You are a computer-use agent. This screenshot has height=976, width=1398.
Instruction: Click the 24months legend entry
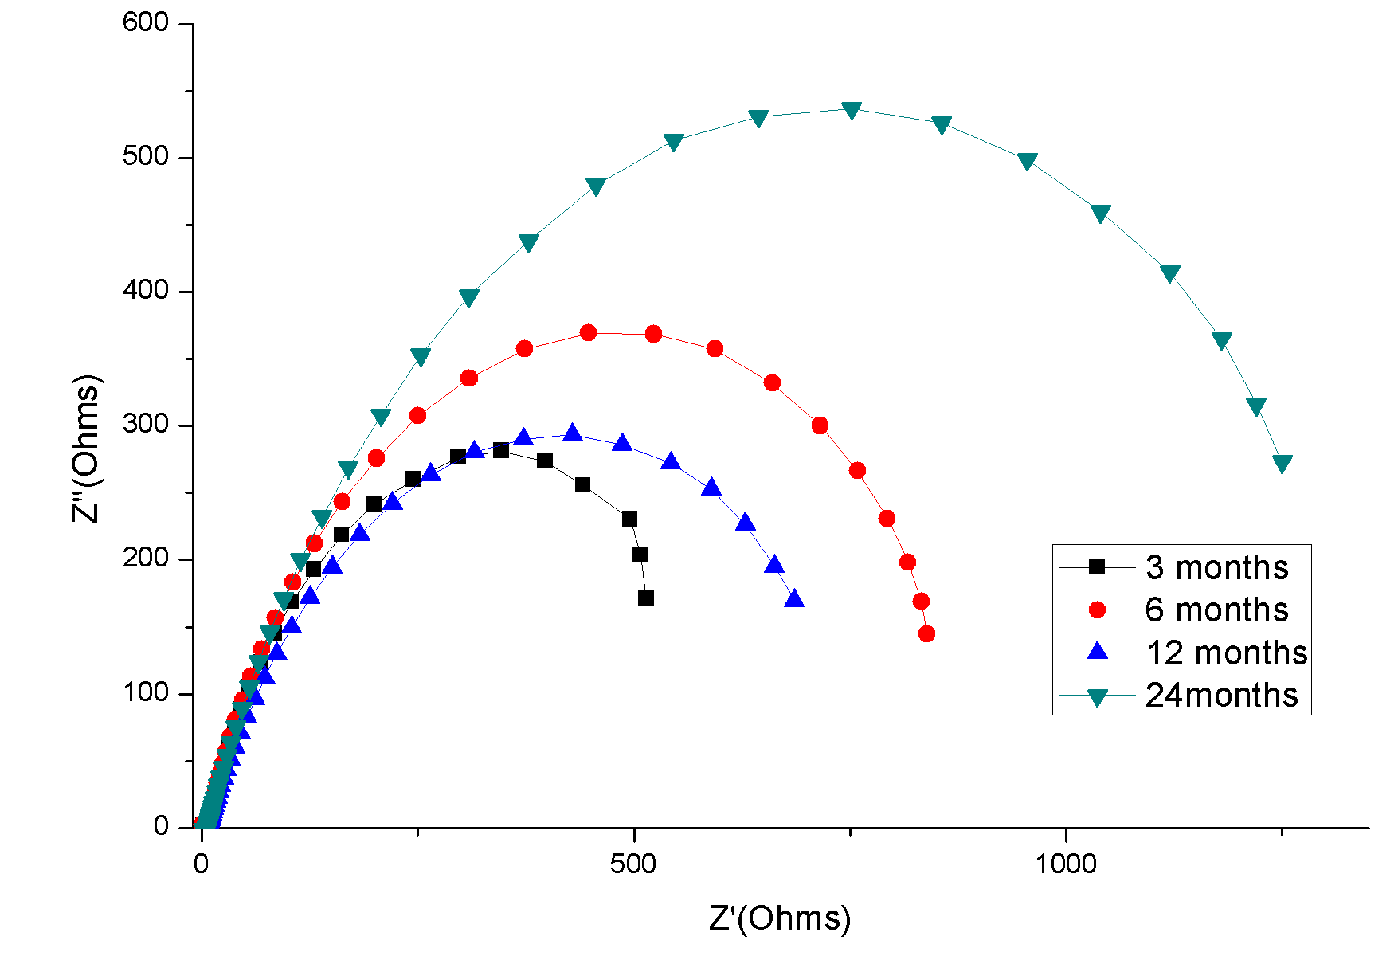1221,696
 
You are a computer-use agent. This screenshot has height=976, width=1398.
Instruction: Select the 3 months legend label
1216,568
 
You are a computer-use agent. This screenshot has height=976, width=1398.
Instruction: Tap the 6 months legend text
1216,610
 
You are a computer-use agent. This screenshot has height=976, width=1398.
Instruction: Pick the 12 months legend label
1226,653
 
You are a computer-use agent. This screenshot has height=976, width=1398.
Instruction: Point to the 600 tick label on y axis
146,23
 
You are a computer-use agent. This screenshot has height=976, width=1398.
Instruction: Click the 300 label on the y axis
146,425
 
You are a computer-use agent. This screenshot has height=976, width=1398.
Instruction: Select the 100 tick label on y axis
146,692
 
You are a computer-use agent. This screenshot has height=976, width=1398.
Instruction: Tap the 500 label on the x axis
633,864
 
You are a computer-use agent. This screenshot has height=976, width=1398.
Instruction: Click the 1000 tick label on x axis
1065,864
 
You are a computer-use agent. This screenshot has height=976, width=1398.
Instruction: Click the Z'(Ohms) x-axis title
780,919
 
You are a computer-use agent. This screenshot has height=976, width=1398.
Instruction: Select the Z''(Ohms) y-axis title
87,448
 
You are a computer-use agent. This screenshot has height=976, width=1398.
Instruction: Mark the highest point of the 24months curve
852,110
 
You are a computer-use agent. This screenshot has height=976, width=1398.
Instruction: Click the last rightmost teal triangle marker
1282,464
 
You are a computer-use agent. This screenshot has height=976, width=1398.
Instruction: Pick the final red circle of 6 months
926,634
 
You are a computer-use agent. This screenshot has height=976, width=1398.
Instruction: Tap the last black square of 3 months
646,598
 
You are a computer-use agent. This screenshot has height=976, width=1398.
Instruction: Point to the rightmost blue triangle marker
794,599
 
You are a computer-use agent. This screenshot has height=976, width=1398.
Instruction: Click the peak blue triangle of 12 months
573,433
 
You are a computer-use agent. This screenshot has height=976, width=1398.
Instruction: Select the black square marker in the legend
1097,567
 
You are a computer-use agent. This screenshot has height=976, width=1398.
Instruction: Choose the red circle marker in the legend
1097,610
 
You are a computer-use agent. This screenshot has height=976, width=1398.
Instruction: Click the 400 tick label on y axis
146,291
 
